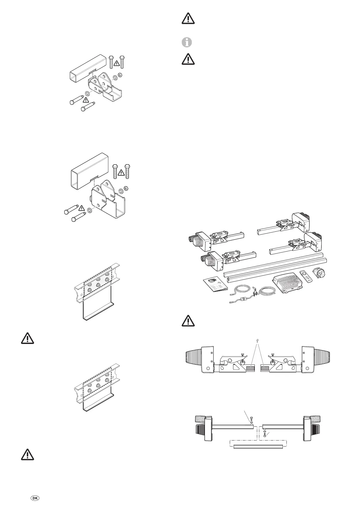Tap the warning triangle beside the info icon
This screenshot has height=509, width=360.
(x=188, y=59)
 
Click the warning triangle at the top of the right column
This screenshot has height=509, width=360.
(x=188, y=19)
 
